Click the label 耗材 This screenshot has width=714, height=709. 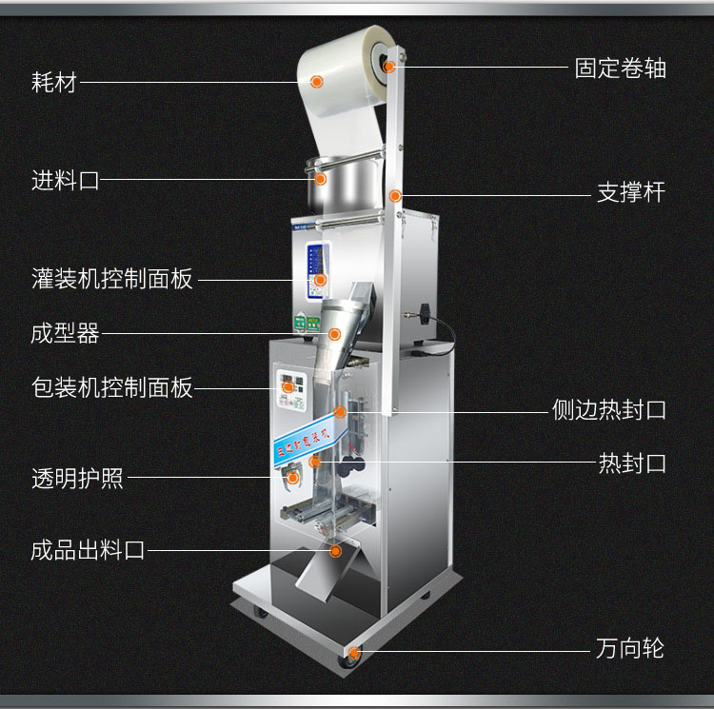[53, 82]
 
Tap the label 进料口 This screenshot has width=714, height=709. [65, 180]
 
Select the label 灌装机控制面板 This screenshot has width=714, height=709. [112, 279]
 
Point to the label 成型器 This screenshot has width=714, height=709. [65, 333]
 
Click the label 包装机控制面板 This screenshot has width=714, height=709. [112, 388]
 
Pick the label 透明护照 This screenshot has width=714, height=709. [77, 478]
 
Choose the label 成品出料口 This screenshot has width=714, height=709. [88, 550]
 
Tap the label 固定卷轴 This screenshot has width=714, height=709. [620, 69]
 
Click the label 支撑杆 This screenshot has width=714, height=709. [630, 193]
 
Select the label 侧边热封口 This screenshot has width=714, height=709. [608, 410]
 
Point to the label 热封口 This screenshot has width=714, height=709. [631, 463]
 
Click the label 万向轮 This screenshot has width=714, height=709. [630, 650]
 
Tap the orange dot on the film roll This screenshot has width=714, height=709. [318, 82]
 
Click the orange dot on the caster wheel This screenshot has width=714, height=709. [354, 652]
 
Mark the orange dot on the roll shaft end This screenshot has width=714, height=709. [390, 67]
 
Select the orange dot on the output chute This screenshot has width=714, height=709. [335, 550]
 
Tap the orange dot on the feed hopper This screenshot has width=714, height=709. [321, 179]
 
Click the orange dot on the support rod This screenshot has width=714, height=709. [395, 196]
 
